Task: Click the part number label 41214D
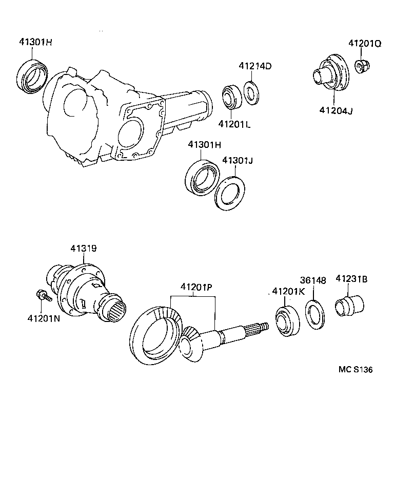(x=254, y=66)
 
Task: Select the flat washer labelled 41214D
(x=250, y=93)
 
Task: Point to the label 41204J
(x=336, y=110)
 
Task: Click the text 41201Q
(x=365, y=44)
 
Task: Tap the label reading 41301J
(x=238, y=161)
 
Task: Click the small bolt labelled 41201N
(x=43, y=296)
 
